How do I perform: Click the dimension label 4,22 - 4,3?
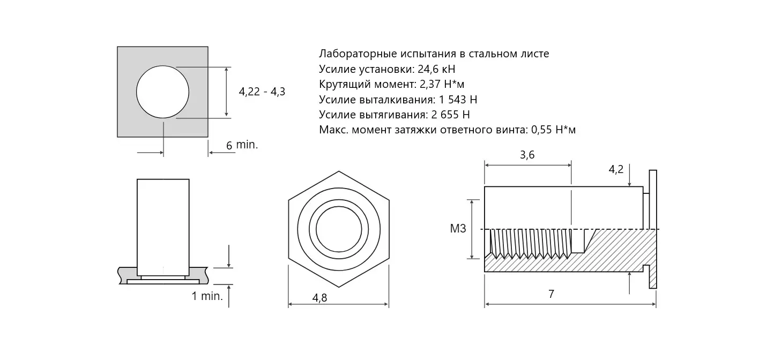[x=262, y=92]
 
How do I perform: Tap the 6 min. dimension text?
[x=242, y=145]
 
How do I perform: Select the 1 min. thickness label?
[x=207, y=296]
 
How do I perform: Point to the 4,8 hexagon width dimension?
[x=319, y=298]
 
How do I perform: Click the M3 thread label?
[x=458, y=229]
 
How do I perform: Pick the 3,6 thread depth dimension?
[x=527, y=155]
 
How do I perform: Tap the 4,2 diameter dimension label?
[x=616, y=169]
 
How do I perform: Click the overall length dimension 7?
[x=551, y=294]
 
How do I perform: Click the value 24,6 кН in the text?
[x=436, y=69]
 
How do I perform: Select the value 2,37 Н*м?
[x=442, y=84]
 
